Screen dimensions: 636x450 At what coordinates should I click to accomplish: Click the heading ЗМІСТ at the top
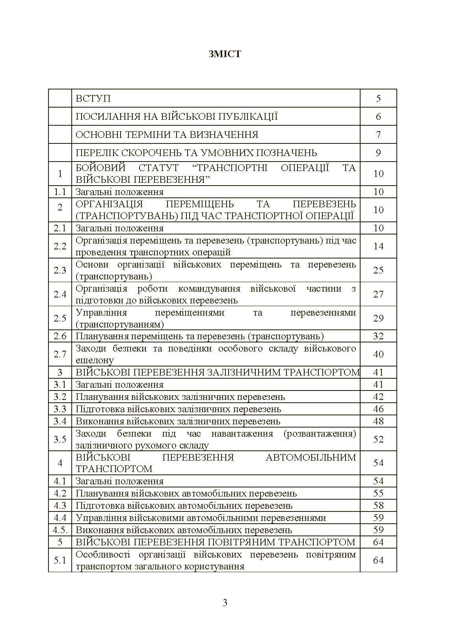click(x=225, y=54)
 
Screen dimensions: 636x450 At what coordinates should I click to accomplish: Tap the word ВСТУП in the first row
click(x=93, y=98)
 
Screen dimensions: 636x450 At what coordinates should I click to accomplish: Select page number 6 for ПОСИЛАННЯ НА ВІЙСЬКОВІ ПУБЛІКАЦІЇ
click(x=378, y=116)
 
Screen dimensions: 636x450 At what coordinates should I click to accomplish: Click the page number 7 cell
click(x=378, y=134)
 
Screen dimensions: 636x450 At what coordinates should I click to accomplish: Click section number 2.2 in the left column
click(x=60, y=246)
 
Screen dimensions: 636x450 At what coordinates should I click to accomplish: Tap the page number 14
click(x=378, y=246)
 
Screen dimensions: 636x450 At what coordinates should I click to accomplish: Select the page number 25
click(x=378, y=270)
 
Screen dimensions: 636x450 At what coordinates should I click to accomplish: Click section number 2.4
click(x=60, y=294)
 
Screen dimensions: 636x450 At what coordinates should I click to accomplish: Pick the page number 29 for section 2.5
click(x=378, y=318)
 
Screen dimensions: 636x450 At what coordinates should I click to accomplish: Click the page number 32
click(x=378, y=336)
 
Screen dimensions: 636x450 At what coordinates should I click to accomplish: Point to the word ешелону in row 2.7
click(x=95, y=360)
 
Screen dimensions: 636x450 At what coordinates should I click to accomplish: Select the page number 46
click(x=378, y=409)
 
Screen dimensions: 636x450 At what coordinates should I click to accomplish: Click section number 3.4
click(x=60, y=421)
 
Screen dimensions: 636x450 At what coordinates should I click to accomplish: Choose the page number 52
click(x=378, y=439)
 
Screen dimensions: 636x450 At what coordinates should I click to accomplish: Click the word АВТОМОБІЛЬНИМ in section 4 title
click(x=311, y=457)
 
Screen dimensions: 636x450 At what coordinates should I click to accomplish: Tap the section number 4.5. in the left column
click(x=60, y=530)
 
